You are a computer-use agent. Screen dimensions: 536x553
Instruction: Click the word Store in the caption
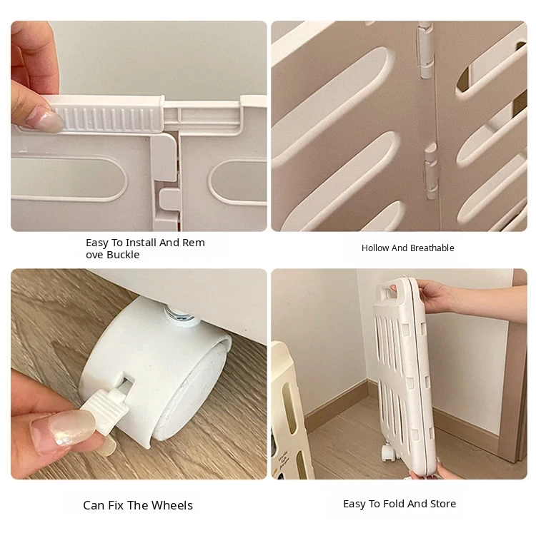click(442, 504)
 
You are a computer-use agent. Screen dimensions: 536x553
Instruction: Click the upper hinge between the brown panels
click(425, 50)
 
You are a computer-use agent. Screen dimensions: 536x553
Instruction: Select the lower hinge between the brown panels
click(431, 171)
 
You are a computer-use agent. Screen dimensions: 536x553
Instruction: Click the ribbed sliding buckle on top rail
click(106, 114)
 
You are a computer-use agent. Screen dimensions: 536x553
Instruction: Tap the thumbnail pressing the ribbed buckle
click(46, 121)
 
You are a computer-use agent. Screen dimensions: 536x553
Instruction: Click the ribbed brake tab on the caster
click(106, 412)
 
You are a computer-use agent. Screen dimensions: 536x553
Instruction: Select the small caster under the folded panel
click(389, 452)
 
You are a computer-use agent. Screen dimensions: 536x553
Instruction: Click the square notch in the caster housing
click(127, 381)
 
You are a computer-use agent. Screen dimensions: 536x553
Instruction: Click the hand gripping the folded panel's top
click(433, 296)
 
